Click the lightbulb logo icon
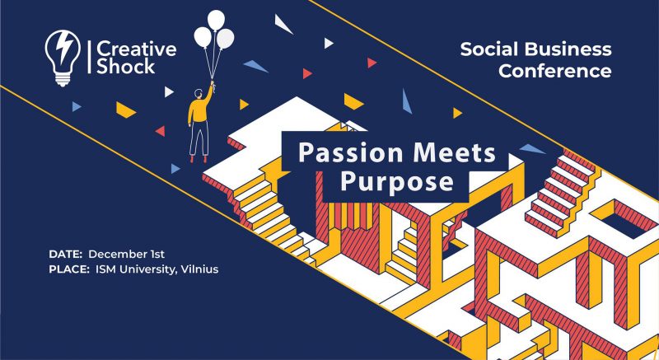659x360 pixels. point(63,58)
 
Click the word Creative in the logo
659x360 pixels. point(137,49)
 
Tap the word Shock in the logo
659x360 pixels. point(126,67)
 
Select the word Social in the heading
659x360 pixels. point(488,49)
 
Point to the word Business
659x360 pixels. point(568,49)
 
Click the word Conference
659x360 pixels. point(554,71)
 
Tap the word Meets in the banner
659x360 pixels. point(455,152)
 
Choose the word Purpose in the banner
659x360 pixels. point(397,182)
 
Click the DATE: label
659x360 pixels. point(65,255)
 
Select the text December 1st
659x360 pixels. point(126,255)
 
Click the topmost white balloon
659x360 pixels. point(216,20)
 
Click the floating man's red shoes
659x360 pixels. point(199,159)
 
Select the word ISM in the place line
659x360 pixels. point(106,269)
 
